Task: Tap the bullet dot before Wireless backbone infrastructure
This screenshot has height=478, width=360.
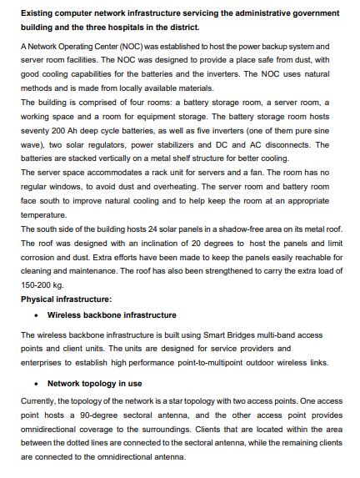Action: click(39, 315)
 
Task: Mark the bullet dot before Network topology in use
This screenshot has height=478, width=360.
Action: click(39, 384)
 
